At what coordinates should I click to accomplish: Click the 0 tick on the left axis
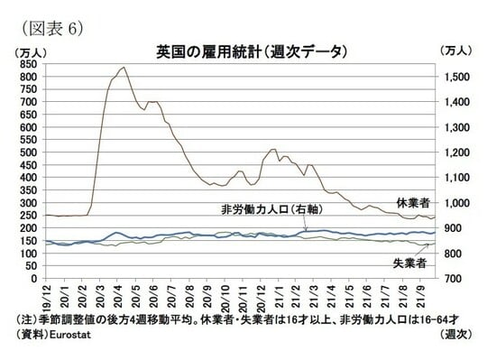35,279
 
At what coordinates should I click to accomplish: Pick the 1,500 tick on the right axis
456,78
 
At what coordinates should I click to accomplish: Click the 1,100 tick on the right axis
456,178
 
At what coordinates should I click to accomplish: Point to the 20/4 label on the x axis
118,294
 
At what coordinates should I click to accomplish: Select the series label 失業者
409,263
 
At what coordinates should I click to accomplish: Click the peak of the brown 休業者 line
124,67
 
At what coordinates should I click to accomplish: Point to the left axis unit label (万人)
31,51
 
